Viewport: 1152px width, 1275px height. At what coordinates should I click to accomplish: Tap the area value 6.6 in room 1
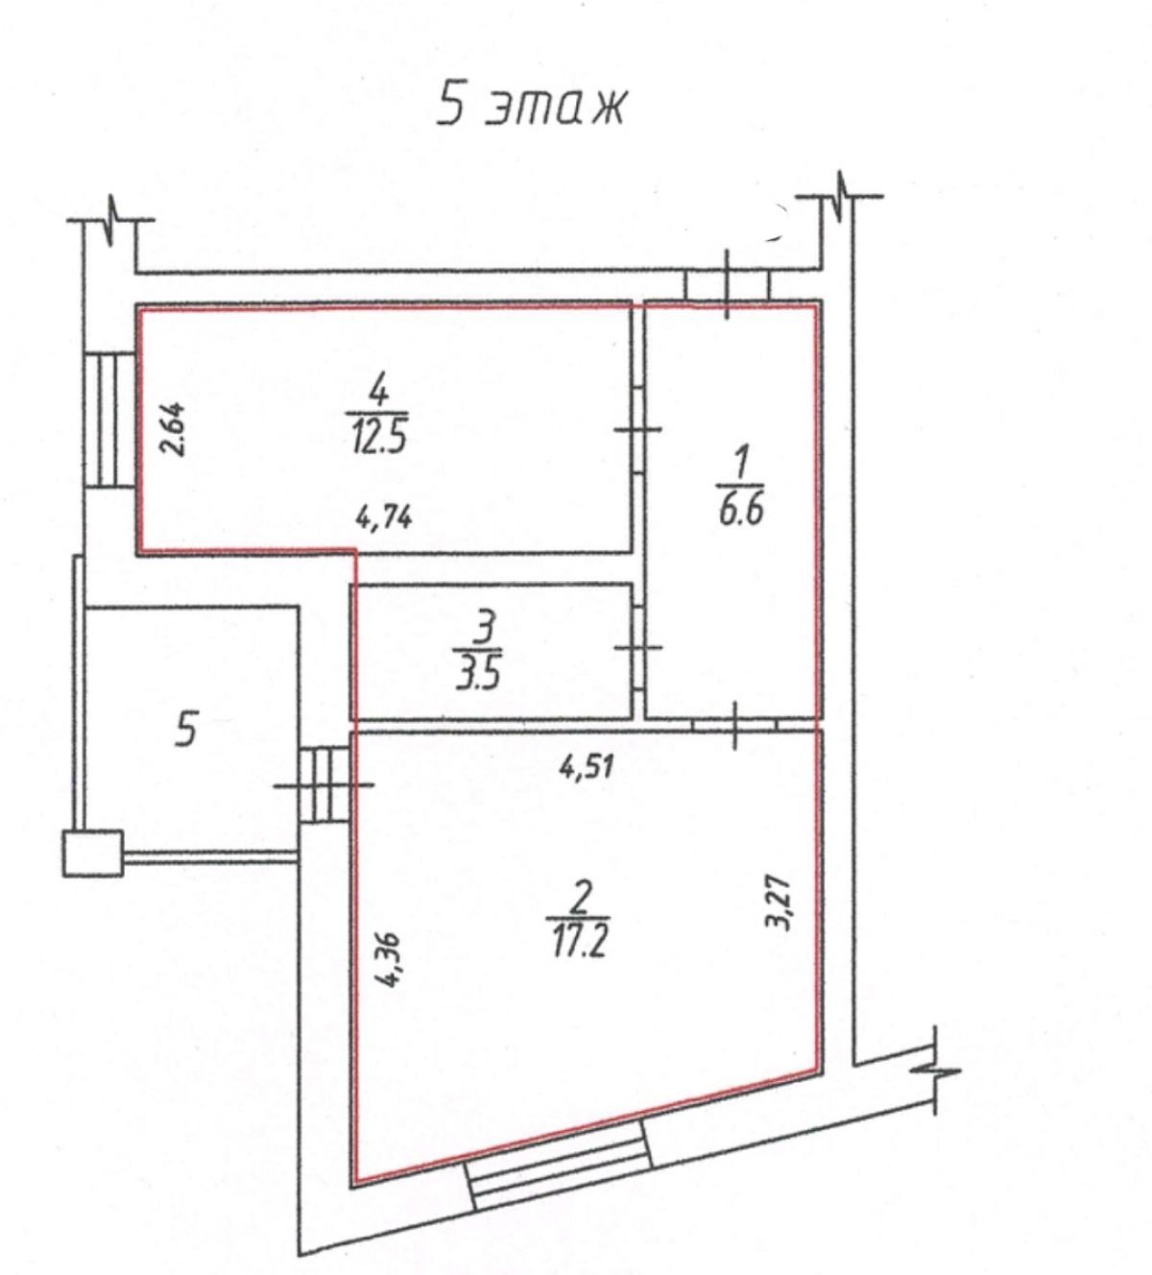click(x=741, y=510)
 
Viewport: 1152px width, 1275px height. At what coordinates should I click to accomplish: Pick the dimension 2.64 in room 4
click(x=173, y=428)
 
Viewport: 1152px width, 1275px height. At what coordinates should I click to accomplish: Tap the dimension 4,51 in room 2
click(x=587, y=767)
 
